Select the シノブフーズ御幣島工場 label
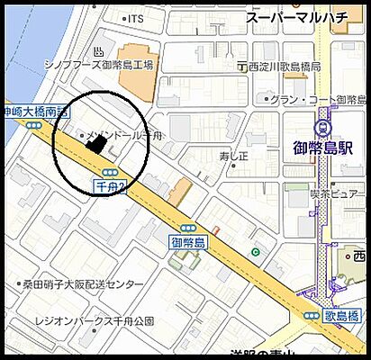pyautogui.click(x=100, y=65)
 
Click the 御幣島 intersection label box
pyautogui.click(x=188, y=242)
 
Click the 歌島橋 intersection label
pyautogui.click(x=344, y=315)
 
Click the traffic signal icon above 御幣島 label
pyautogui.click(x=188, y=229)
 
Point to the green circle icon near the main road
pyautogui.click(x=256, y=252)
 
